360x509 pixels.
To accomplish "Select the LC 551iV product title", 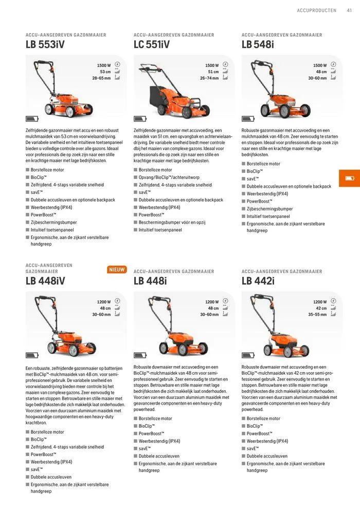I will click(152, 45).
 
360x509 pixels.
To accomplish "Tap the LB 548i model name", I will click(258, 45).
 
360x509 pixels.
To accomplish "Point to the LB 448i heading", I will click(150, 281).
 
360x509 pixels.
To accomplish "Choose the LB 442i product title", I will click(258, 281).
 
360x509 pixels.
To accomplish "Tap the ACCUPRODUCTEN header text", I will click(316, 10).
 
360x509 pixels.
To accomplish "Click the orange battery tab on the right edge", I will click(350, 178).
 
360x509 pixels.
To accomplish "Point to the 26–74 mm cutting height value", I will click(209, 78).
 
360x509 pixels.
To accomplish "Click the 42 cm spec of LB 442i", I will click(321, 308).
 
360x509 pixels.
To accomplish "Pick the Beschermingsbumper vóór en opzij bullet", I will click(172, 222).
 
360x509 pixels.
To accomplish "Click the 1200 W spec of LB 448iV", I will click(104, 302).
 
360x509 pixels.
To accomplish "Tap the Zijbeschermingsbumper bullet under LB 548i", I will click(269, 209).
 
